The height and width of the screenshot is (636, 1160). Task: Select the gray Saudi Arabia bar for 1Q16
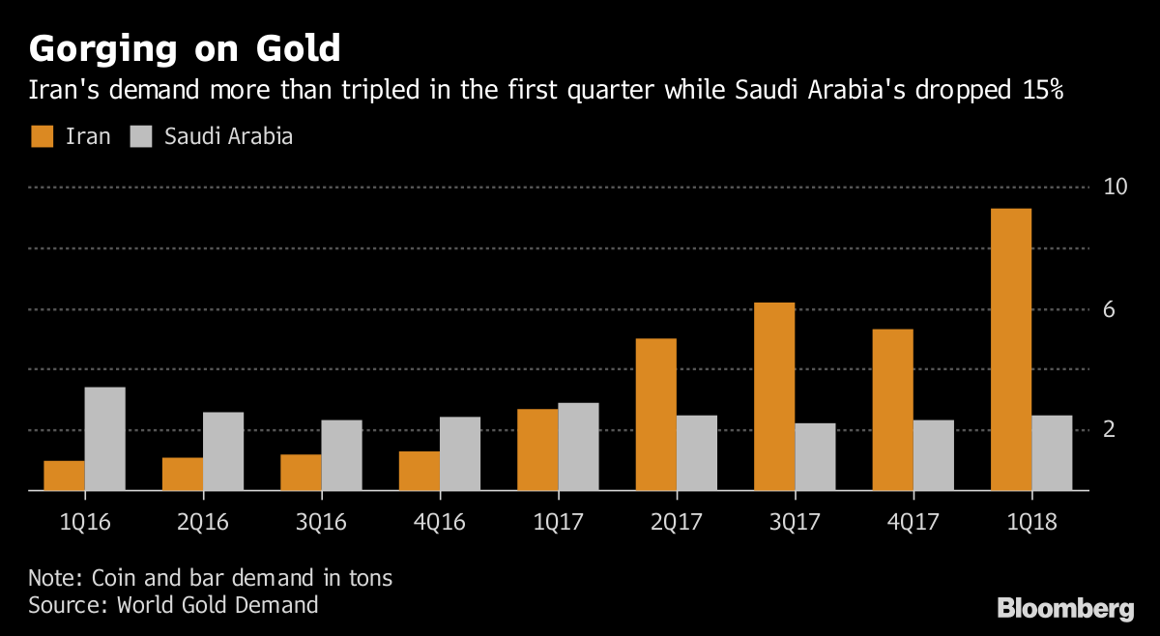pyautogui.click(x=105, y=439)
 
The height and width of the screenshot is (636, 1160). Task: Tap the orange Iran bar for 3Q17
pyautogui.click(x=773, y=396)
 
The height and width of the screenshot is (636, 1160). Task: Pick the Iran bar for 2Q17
pyautogui.click(x=655, y=415)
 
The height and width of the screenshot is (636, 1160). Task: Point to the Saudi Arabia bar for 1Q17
pyautogui.click(x=578, y=447)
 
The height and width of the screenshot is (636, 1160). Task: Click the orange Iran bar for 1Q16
pyautogui.click(x=64, y=476)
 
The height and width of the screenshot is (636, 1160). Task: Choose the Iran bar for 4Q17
pyautogui.click(x=892, y=410)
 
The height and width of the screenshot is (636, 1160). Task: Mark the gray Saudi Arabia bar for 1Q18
pyautogui.click(x=1052, y=452)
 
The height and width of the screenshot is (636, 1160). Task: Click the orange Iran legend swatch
pyautogui.click(x=42, y=136)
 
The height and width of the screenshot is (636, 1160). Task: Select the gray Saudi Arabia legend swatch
pyautogui.click(x=141, y=136)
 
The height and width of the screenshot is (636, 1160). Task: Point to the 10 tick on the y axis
pyautogui.click(x=1116, y=187)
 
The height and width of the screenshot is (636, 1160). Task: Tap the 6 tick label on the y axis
pyautogui.click(x=1110, y=309)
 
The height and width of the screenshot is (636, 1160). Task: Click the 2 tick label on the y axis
pyautogui.click(x=1110, y=429)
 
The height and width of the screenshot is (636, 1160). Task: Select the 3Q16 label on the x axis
pyautogui.click(x=321, y=523)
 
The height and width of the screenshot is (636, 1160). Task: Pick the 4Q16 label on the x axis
pyautogui.click(x=440, y=523)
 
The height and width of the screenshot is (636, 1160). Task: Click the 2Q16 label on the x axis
pyautogui.click(x=203, y=523)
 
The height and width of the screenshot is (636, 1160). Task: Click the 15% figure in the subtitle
pyautogui.click(x=1035, y=91)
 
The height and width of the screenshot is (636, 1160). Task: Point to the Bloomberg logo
pyautogui.click(x=1065, y=608)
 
